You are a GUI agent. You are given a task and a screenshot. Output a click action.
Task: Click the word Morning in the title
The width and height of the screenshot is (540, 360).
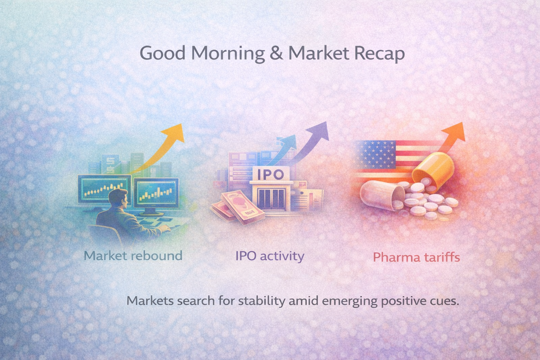pyautogui.click(x=229, y=53)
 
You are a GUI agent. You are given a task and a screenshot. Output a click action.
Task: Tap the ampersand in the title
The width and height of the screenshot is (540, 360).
pyautogui.click(x=276, y=53)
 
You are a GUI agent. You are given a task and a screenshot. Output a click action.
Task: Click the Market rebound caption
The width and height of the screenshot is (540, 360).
pyautogui.click(x=133, y=256)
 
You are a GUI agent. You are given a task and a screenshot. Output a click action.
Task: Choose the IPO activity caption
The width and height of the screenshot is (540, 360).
pyautogui.click(x=270, y=256)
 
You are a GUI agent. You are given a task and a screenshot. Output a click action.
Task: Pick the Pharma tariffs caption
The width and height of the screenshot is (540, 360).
pyautogui.click(x=416, y=257)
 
